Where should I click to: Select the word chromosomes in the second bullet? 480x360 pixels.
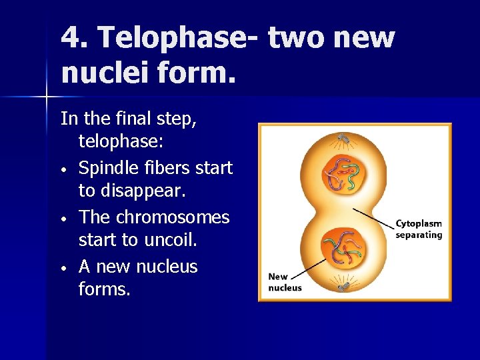click(173, 217)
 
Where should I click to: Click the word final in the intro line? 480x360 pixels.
click(136, 119)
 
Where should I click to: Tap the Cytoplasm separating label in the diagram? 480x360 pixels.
click(418, 229)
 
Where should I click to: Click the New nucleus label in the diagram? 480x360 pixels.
click(285, 282)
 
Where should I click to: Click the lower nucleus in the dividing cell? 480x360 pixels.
click(342, 249)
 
